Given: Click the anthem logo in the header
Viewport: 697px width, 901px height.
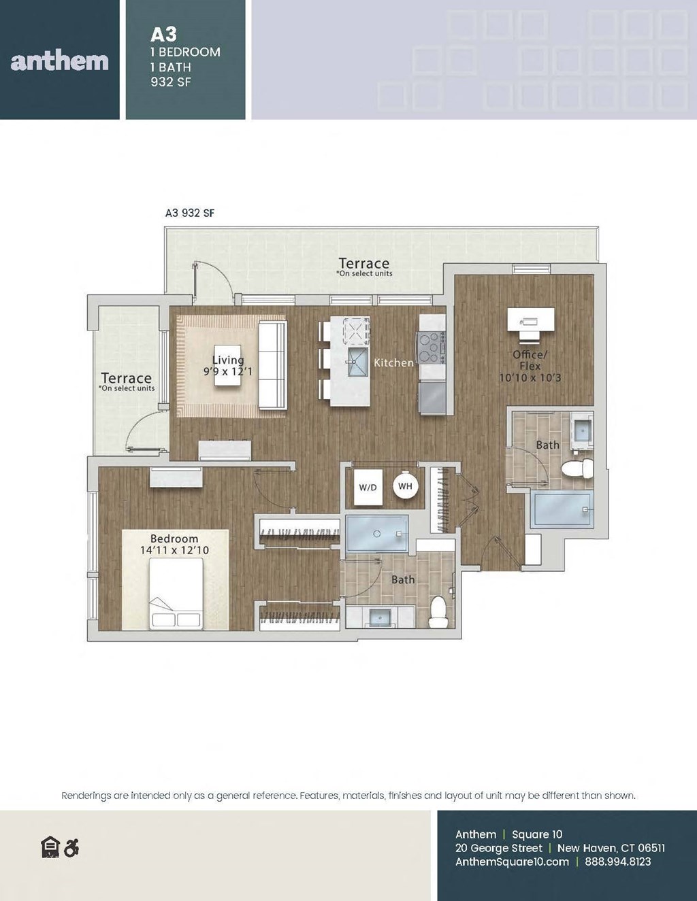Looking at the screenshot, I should coord(60,61).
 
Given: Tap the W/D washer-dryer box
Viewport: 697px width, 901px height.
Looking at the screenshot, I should coord(368,487).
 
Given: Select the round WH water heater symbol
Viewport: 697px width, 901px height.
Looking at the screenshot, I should coord(405,486).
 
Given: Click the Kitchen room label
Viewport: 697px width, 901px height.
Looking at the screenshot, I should coord(393,363).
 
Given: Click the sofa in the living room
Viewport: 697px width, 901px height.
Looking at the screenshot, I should coord(273,365).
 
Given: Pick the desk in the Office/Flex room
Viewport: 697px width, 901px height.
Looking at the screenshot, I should coord(530,318).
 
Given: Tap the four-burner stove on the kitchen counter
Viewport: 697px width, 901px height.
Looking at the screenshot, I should coord(432,347).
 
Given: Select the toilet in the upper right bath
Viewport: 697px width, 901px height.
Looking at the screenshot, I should coord(577,469).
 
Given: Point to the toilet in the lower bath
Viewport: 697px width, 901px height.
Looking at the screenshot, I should coord(438,612).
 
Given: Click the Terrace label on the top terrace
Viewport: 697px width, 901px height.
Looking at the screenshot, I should coord(363,263).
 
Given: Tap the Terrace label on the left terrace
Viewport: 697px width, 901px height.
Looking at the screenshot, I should coord(126,378).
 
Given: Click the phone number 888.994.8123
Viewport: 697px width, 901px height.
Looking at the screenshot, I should coord(617,862).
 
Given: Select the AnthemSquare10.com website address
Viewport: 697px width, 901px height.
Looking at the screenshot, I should coord(512,862).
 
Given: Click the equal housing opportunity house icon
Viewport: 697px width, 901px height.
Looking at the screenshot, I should coord(50,847).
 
